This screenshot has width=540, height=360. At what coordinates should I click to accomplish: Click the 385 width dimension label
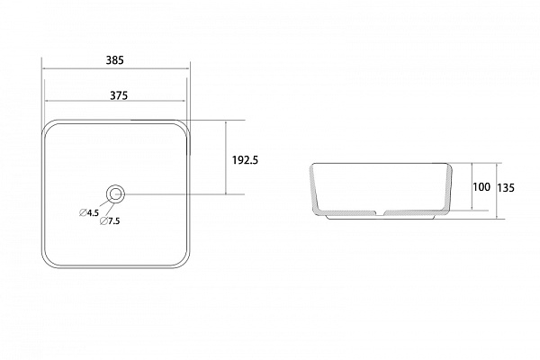click(114, 60)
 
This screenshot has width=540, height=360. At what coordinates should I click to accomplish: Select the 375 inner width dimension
click(119, 95)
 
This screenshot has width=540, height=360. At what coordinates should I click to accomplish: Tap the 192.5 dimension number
click(245, 160)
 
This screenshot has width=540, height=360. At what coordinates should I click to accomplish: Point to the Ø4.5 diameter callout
click(89, 212)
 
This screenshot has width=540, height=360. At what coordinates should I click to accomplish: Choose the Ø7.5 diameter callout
click(110, 221)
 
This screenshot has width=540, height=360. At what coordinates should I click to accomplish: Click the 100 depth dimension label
click(481, 187)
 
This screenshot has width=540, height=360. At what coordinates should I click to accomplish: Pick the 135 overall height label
click(506, 188)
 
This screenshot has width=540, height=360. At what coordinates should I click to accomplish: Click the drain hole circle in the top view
click(115, 187)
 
